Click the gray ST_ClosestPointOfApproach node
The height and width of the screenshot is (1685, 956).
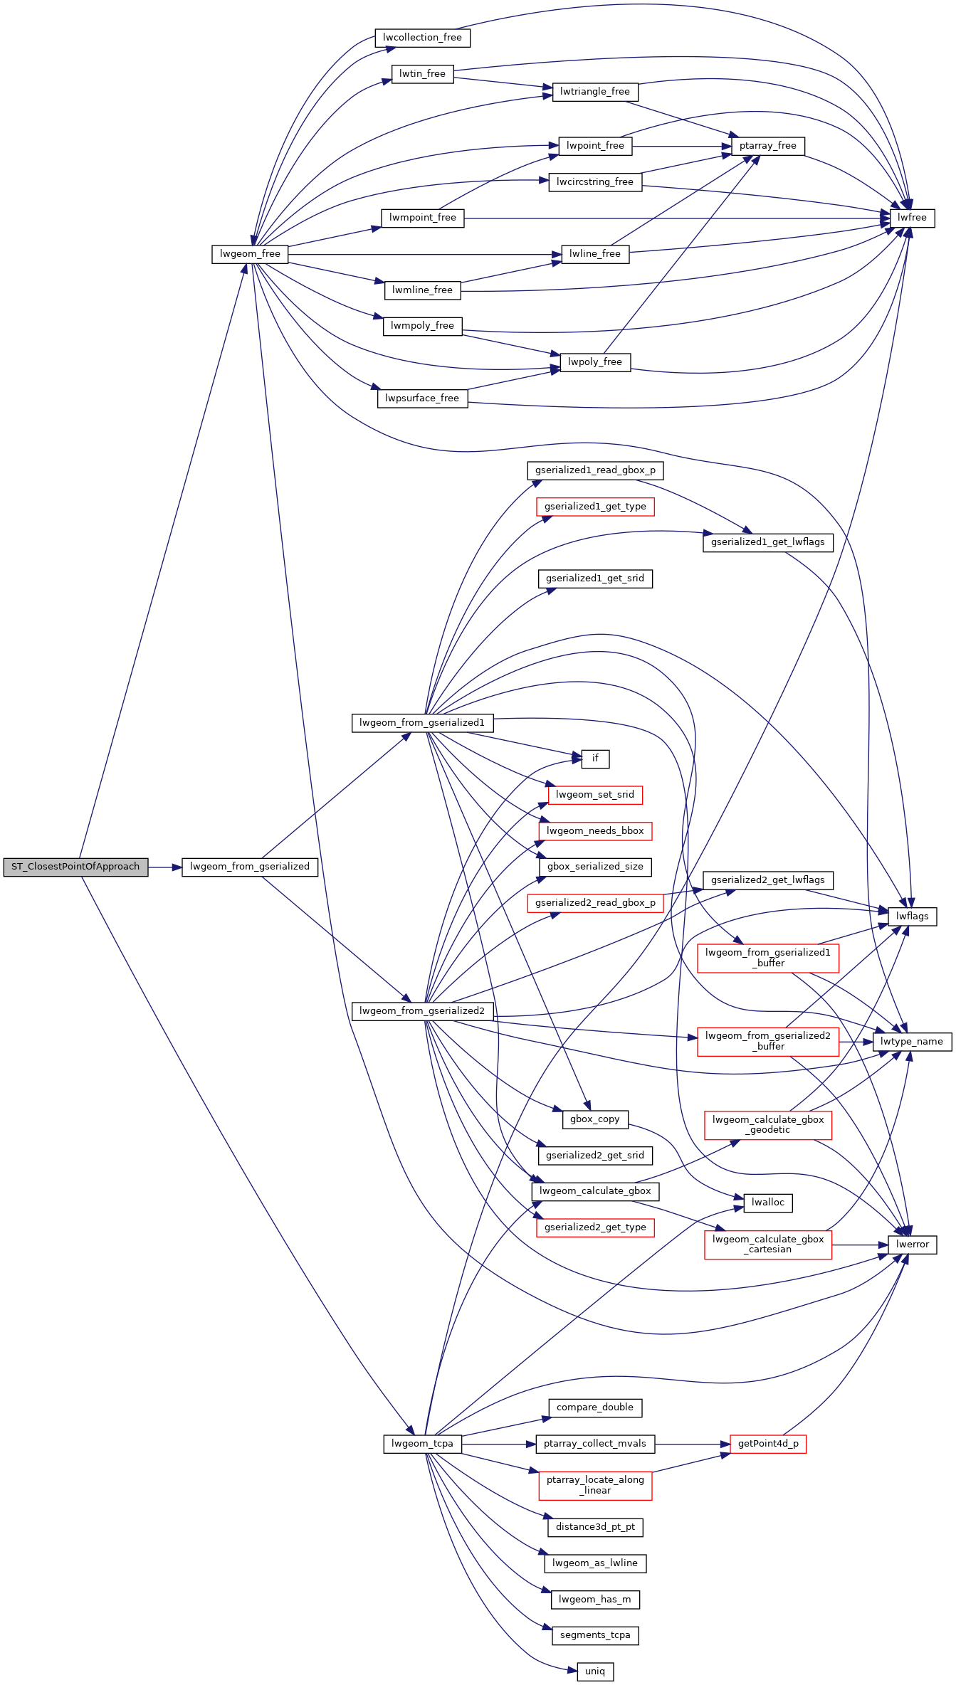(75, 867)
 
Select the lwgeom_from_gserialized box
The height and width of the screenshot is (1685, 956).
(250, 867)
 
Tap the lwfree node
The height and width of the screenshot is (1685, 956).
(912, 218)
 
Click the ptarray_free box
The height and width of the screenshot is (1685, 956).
(768, 146)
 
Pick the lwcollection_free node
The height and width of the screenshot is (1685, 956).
(422, 38)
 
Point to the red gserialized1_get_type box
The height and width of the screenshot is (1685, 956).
(595, 507)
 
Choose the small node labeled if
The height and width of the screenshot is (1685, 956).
(595, 759)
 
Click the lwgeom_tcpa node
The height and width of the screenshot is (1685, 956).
(422, 1444)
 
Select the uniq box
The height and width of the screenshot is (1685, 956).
(595, 1671)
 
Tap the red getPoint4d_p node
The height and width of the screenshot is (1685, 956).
(768, 1444)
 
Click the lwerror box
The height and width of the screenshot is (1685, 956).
(912, 1245)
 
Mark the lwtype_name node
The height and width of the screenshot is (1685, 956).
(912, 1042)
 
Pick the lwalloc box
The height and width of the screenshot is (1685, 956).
(768, 1203)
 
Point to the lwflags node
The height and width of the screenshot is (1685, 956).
(912, 917)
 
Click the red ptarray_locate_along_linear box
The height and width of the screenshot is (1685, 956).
(595, 1486)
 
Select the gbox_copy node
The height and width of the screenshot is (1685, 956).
(595, 1119)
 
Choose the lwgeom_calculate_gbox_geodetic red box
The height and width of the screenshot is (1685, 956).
(768, 1125)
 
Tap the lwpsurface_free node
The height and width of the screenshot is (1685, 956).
(422, 398)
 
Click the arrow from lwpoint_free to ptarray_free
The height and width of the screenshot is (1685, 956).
(682, 147)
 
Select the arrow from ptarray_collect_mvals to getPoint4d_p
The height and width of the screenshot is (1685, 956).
(693, 1444)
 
